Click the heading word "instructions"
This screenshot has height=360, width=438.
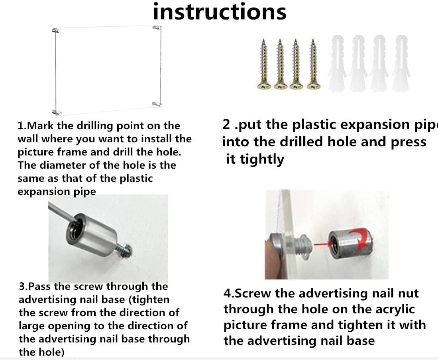[220, 12]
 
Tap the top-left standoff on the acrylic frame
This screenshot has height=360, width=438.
[56, 30]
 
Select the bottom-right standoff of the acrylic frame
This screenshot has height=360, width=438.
[157, 104]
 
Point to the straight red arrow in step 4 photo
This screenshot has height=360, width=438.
[323, 244]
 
